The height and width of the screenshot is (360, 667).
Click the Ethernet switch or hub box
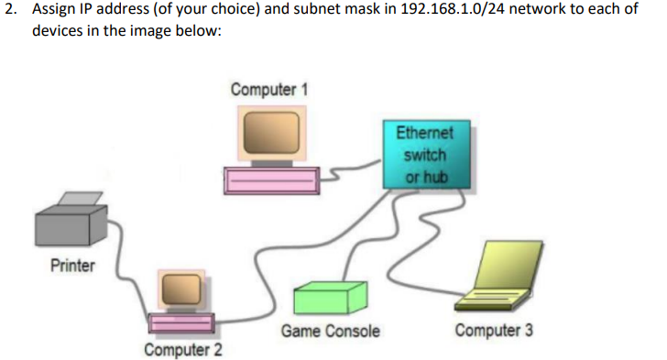pos(425,152)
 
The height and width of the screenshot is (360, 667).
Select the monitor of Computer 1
pos(270,134)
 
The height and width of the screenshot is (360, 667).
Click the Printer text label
pos(71,266)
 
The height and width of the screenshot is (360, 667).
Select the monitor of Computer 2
pos(180,291)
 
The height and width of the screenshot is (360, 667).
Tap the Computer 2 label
pos(183,350)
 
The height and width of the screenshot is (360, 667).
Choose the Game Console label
pos(330,331)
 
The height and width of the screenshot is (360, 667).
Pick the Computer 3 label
pos(494,330)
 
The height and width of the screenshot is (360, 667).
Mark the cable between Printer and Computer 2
pos(126,266)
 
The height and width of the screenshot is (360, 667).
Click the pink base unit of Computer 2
pos(180,323)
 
